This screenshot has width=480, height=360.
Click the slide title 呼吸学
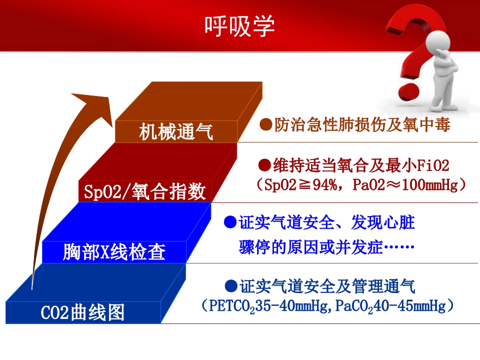239,24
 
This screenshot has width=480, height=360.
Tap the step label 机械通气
176,133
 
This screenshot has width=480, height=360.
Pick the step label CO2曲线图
82,313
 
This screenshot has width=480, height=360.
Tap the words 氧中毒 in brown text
431,124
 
